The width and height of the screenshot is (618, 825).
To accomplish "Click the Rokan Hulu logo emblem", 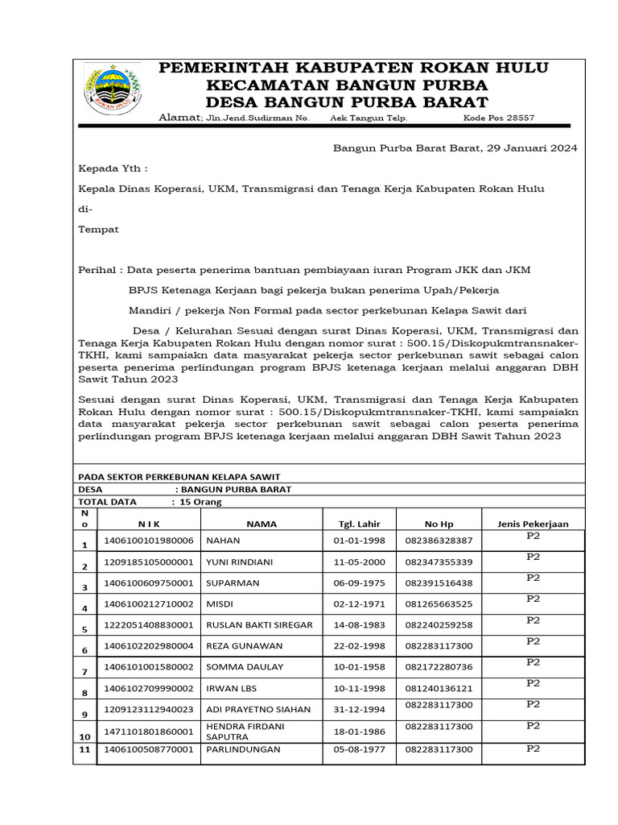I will click(x=112, y=89).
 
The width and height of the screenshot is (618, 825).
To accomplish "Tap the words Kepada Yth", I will click(x=113, y=168).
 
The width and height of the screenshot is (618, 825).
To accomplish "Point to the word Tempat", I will click(x=98, y=229).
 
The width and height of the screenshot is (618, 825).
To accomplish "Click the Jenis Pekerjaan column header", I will click(x=533, y=524).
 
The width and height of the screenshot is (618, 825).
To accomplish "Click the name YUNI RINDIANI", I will click(x=240, y=562).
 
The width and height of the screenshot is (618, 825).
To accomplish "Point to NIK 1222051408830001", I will click(x=149, y=625).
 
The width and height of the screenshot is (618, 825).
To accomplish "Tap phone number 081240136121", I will click(x=439, y=689).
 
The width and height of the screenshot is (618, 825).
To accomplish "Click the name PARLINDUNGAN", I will click(x=244, y=749).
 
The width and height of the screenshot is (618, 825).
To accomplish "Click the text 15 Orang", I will click(x=200, y=502).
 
